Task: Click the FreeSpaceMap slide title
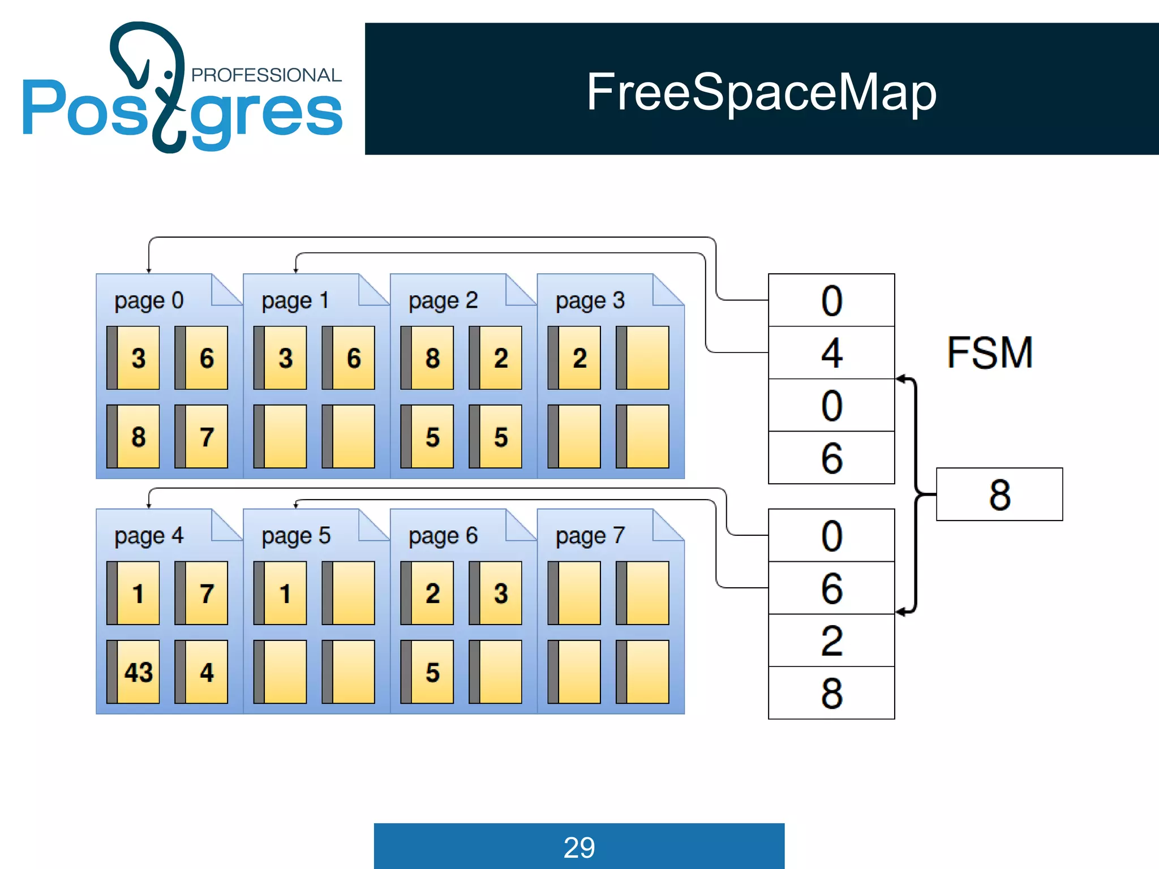point(761,92)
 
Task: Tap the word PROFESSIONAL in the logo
point(266,75)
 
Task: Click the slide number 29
point(579,847)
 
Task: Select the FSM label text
point(990,353)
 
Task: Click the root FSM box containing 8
point(999,494)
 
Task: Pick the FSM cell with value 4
point(831,352)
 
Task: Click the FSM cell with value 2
point(831,640)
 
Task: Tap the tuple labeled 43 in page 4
point(134,672)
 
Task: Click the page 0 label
point(149,300)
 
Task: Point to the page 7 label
point(590,536)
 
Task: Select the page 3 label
point(590,300)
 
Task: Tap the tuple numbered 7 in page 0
point(201,437)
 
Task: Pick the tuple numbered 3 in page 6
point(496,593)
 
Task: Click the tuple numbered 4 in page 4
point(201,672)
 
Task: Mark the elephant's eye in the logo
point(169,75)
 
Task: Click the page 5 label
point(296,536)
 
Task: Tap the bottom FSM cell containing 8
point(831,693)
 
